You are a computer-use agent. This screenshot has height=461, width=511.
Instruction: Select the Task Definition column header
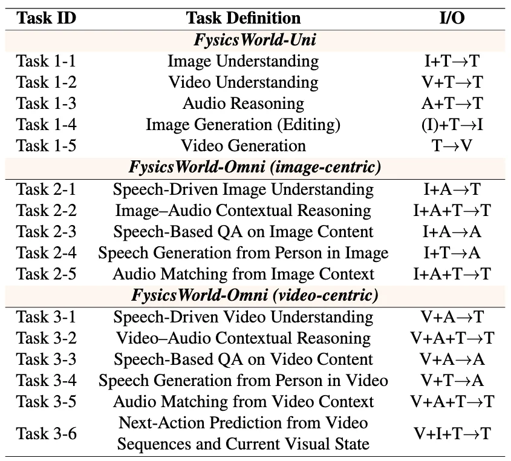pos(243,18)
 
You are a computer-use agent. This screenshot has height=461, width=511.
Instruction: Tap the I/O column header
pos(452,18)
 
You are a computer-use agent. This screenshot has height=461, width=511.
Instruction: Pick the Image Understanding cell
pos(243,61)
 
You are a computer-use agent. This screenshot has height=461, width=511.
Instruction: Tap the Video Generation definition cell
pos(243,146)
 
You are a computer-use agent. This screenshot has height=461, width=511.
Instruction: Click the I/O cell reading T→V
pos(452,146)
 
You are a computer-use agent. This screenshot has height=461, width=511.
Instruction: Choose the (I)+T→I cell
pos(452,125)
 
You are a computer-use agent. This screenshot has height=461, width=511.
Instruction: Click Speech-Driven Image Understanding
pos(243,189)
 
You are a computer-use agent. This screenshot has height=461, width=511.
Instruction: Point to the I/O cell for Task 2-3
pos(452,232)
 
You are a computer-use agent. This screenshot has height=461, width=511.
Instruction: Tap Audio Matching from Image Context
pos(243,274)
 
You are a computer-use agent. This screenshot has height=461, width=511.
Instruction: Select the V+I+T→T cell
pos(452,433)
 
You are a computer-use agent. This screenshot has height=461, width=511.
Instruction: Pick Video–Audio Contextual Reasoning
pos(243,338)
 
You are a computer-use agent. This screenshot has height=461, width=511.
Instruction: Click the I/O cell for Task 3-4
pos(452,381)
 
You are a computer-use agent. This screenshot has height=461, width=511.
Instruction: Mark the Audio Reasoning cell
pos(243,103)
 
